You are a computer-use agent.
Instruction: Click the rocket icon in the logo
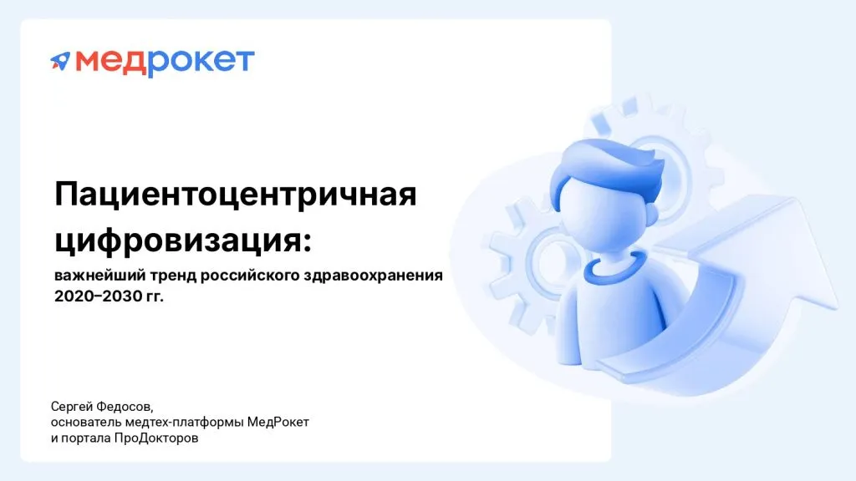(x=60, y=60)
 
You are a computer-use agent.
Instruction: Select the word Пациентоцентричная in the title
(x=235, y=196)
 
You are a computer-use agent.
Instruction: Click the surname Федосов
(x=126, y=407)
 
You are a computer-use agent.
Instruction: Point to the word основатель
(x=84, y=423)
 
